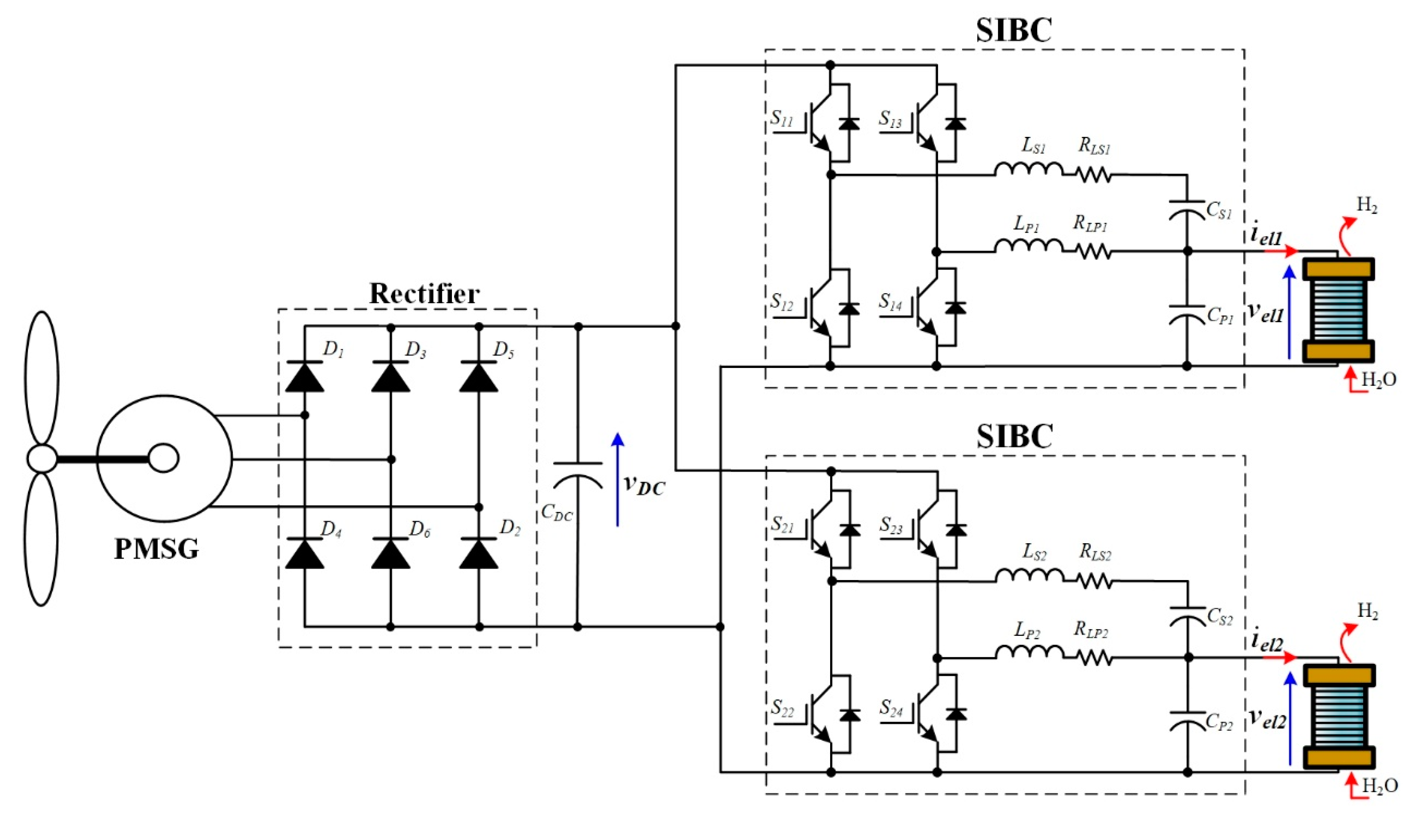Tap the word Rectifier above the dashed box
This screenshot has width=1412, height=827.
coord(424,294)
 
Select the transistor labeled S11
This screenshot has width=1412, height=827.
coord(818,120)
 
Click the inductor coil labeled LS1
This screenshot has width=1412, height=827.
coord(1028,169)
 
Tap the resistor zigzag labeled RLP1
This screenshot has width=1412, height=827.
coord(1093,252)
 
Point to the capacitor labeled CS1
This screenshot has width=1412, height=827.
coord(1186,208)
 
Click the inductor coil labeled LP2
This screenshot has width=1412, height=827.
coord(1029,652)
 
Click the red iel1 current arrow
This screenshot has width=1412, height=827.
coord(1280,251)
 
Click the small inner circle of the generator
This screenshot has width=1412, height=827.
coord(163,458)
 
